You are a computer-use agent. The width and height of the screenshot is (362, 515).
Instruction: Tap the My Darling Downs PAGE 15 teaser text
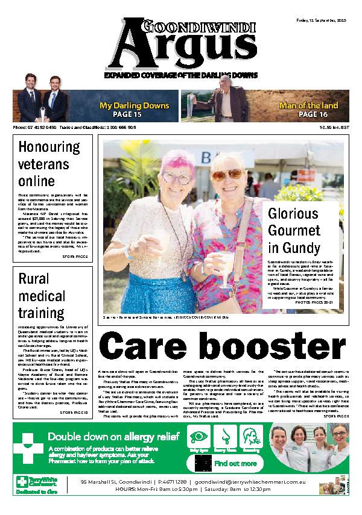coord(134,110)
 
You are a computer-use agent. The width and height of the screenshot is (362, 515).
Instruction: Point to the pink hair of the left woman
coord(166,161)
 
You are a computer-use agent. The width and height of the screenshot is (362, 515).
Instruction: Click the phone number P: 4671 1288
coord(173,482)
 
